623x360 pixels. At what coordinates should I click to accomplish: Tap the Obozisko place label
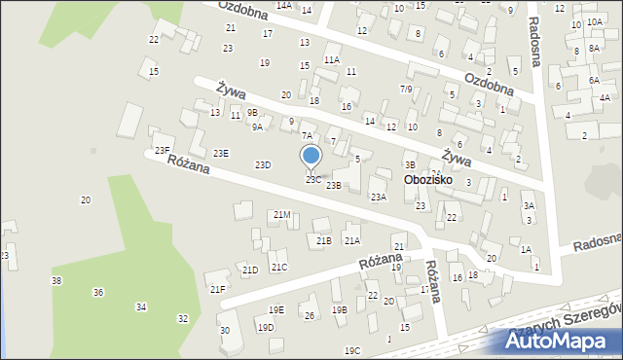[x=433, y=181]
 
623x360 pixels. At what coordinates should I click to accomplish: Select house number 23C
[x=312, y=180]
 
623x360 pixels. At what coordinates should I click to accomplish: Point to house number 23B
[x=334, y=185]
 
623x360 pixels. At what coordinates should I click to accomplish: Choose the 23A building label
[x=379, y=197]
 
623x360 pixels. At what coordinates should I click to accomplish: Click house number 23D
[x=263, y=165]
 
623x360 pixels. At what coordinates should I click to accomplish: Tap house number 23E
[x=222, y=153]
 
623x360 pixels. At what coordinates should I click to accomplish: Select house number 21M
[x=282, y=214]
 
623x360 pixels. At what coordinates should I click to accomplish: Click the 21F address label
[x=218, y=289]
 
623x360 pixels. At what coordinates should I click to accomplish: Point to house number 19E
[x=276, y=310]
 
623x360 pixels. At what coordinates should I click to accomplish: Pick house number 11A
[x=332, y=59]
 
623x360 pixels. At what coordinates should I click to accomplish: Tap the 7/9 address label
[x=407, y=89]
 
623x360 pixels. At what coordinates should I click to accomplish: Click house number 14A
[x=283, y=5]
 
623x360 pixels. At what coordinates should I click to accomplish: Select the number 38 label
[x=56, y=280]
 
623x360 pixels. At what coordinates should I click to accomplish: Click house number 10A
[x=595, y=21]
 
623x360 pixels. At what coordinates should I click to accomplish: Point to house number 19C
[x=351, y=350]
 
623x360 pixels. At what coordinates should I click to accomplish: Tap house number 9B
[x=253, y=113]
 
